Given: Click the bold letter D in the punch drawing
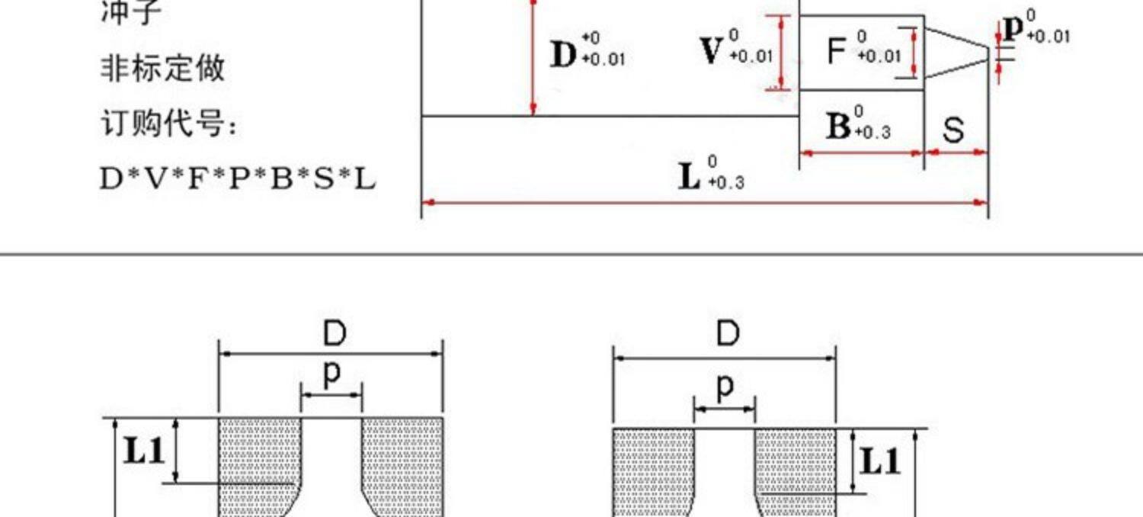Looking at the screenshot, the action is tap(564, 55).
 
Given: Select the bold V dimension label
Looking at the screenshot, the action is tap(711, 50).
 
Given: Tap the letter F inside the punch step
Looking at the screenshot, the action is tap(837, 51).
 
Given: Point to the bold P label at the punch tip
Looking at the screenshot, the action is tap(1013, 29).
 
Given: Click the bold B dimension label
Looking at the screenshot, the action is tap(838, 127).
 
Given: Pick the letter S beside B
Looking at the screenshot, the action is tap(953, 130).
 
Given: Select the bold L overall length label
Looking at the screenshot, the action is tap(690, 176).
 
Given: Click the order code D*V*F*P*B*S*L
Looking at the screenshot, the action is tap(238, 179).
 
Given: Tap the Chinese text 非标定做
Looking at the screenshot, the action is tap(163, 68).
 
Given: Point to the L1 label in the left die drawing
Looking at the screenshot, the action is tap(144, 451).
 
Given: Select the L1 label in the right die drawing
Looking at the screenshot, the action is tap(880, 461).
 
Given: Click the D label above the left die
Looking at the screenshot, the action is tap(334, 334).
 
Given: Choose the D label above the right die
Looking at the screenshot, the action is tap(728, 334).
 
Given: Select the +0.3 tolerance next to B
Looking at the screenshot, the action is tap(872, 132).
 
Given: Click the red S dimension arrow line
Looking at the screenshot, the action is tap(956, 153).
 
